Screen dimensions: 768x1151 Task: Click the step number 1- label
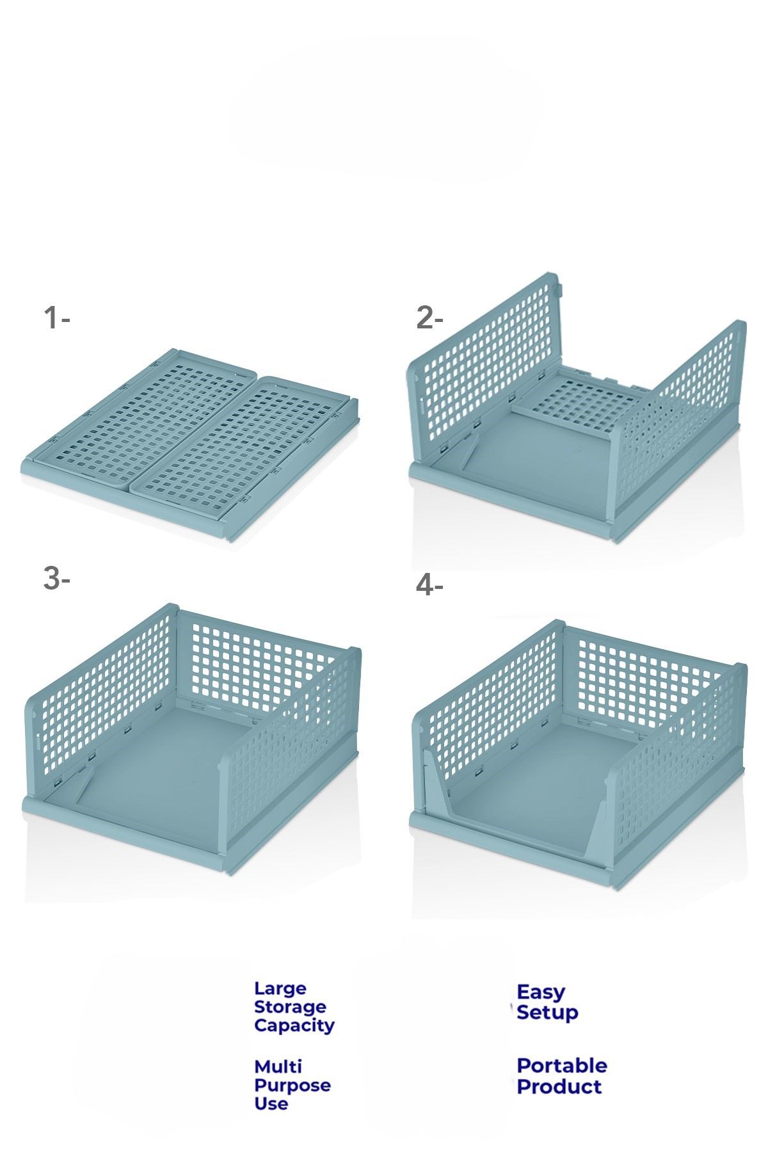pyautogui.click(x=56, y=318)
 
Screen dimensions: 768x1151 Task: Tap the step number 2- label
pyautogui.click(x=429, y=318)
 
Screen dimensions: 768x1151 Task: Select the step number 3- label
pyautogui.click(x=56, y=579)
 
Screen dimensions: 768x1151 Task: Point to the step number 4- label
pyautogui.click(x=429, y=585)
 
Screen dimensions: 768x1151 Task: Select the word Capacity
pyautogui.click(x=294, y=1026)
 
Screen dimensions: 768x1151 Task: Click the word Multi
pyautogui.click(x=278, y=1067)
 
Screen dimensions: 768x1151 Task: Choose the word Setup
pyautogui.click(x=547, y=1013)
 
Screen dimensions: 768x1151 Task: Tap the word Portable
pyautogui.click(x=562, y=1066)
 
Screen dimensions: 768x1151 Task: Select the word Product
pyautogui.click(x=559, y=1086)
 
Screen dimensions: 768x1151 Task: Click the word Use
pyautogui.click(x=271, y=1104)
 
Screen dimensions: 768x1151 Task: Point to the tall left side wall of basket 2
pyautogui.click(x=486, y=366)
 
